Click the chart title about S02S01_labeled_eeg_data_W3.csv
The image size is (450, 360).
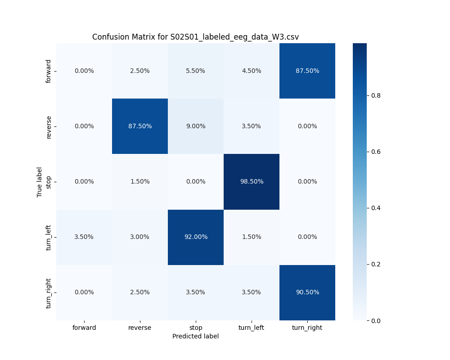(x=195, y=37)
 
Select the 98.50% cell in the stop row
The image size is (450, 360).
(x=252, y=181)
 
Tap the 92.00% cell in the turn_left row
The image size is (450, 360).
(x=196, y=237)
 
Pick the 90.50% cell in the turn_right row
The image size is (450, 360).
(x=307, y=292)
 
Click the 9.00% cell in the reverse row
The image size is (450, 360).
(x=196, y=126)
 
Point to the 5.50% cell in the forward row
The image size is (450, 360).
(x=196, y=71)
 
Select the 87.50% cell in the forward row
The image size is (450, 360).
(x=307, y=71)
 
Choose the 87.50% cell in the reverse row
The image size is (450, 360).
(x=140, y=126)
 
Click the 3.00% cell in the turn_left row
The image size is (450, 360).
(x=140, y=237)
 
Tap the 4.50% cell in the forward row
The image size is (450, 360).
(x=252, y=71)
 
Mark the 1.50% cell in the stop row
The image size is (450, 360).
(x=140, y=181)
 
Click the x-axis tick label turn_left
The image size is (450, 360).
(x=252, y=328)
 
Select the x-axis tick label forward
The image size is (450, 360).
(x=84, y=328)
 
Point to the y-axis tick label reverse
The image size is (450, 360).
(x=49, y=126)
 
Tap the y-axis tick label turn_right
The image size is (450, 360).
(x=49, y=293)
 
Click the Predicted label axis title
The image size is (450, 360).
(x=195, y=336)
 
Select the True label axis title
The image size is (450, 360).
(x=40, y=182)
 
